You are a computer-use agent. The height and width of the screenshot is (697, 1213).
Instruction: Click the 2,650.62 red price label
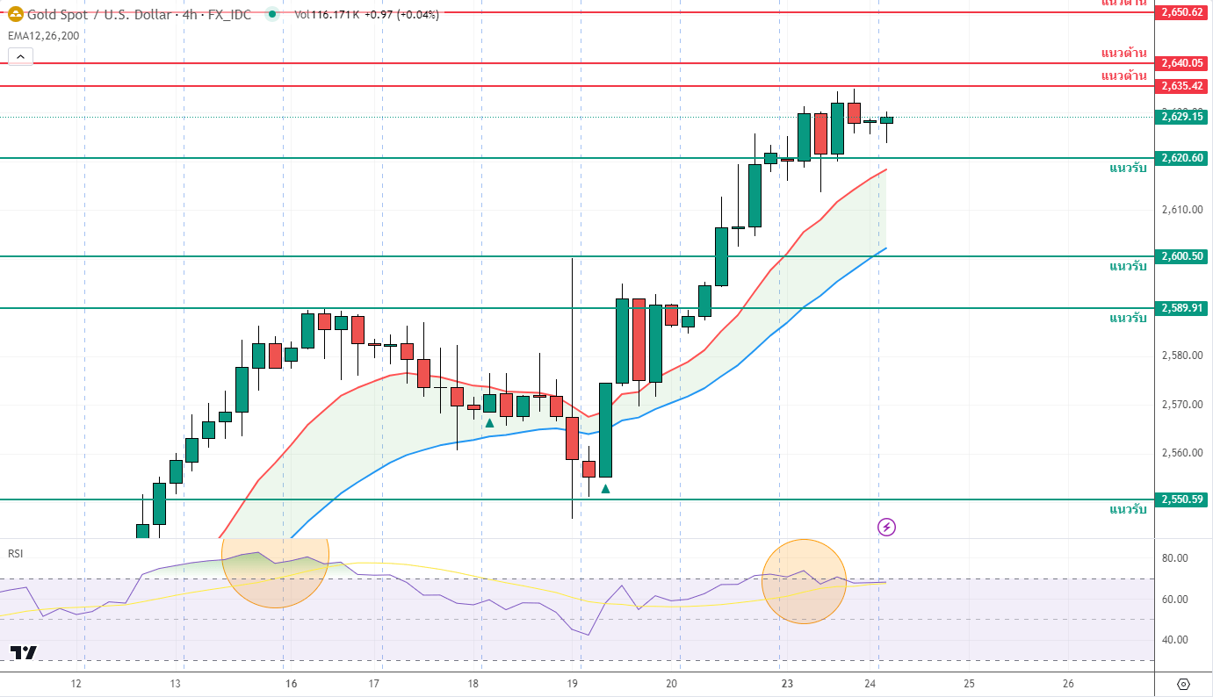[1181, 12]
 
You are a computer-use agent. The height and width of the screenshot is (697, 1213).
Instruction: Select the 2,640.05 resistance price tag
[1181, 63]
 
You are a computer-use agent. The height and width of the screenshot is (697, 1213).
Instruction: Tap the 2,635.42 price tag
[1181, 86]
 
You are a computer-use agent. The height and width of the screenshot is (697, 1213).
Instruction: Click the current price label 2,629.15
[1181, 116]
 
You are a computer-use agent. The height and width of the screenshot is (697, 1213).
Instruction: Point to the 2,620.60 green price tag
[1181, 158]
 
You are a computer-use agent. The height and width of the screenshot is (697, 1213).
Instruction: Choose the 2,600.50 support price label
[1181, 256]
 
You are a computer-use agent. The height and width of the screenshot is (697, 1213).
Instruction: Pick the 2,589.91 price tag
[1181, 308]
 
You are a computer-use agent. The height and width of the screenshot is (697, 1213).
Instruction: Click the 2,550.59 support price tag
[1181, 499]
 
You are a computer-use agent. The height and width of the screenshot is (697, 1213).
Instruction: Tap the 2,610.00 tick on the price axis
[1179, 210]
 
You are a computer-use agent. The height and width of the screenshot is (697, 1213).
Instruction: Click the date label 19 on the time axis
[573, 684]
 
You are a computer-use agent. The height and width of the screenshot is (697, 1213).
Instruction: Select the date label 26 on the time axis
[1068, 684]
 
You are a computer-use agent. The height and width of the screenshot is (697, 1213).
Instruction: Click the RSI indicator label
[15, 553]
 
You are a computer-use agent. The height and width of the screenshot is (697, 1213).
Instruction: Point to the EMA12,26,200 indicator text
[43, 36]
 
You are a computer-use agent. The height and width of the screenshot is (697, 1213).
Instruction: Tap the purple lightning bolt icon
[886, 527]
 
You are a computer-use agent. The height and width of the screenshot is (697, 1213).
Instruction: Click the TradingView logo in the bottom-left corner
[24, 652]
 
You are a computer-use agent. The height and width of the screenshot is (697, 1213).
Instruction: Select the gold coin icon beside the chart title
[15, 14]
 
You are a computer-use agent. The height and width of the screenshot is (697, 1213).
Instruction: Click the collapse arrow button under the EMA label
[20, 57]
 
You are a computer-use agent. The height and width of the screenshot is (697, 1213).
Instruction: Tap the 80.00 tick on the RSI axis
[1174, 558]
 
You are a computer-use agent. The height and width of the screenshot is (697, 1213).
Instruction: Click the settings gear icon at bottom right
[1182, 684]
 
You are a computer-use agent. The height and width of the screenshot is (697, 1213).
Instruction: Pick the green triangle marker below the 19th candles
[605, 488]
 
